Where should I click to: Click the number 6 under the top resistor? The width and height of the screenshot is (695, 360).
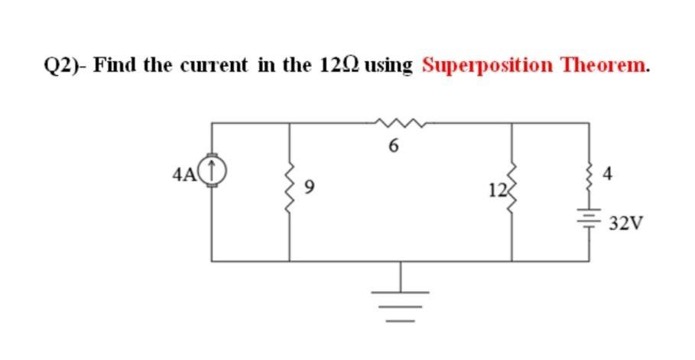[x=394, y=146]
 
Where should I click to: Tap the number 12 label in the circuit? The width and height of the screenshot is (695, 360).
[x=495, y=188]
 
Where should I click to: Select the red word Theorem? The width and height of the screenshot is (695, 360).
[x=606, y=65]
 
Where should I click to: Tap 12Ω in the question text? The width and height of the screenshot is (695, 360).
[x=339, y=65]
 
